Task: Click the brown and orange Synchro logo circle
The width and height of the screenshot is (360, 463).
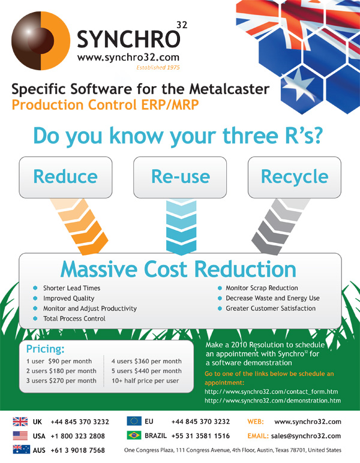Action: (41, 41)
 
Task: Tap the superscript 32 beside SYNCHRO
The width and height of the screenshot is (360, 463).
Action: (182, 25)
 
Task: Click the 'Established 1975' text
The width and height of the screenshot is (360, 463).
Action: (158, 68)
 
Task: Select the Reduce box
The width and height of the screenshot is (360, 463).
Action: (65, 177)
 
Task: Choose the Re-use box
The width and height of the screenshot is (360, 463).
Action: (180, 177)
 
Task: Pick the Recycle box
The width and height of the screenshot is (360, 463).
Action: (295, 177)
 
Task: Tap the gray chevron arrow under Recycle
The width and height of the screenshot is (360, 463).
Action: (280, 226)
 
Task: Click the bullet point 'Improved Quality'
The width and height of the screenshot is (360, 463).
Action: (69, 298)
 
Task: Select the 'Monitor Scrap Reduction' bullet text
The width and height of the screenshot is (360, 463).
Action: (262, 288)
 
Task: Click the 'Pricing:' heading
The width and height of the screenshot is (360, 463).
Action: (45, 349)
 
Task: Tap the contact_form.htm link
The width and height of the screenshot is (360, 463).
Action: (271, 392)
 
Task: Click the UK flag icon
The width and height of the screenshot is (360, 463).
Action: (20, 422)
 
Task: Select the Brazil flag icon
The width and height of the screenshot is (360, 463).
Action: (134, 435)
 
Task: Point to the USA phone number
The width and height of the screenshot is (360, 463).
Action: (77, 436)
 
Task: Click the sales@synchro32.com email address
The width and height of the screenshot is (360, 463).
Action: (306, 436)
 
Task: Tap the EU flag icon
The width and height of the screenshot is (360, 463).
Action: (134, 421)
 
